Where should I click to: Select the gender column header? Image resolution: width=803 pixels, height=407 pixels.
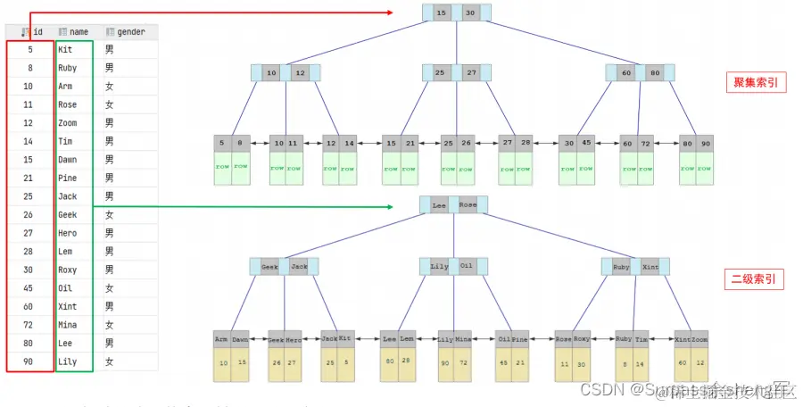pos(125,31)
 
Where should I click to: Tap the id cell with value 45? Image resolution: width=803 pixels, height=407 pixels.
pos(29,288)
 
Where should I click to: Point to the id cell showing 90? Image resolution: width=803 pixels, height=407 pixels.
pos(29,361)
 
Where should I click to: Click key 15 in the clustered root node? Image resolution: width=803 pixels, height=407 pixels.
pos(441,12)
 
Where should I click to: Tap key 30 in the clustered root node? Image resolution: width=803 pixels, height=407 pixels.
pos(471,12)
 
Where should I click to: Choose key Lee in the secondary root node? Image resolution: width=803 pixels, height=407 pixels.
pos(438,204)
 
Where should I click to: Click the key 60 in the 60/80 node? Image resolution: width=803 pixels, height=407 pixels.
pos(625,72)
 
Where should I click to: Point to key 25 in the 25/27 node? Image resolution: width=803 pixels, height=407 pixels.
pos(440,72)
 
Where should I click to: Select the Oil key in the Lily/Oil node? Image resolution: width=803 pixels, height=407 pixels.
pos(467,266)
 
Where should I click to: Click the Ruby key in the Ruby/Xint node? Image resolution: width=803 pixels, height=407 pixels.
pos(621,266)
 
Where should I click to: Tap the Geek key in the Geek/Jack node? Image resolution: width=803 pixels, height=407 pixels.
pos(269,266)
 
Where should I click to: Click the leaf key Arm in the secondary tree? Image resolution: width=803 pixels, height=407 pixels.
pos(220,339)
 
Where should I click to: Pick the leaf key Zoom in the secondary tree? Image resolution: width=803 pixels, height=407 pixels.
pos(700,339)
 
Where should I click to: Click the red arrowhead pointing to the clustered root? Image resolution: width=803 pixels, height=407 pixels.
pos(391,12)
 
